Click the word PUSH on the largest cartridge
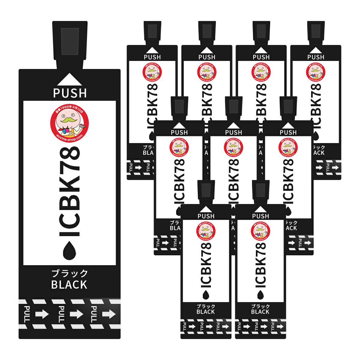click(70, 93)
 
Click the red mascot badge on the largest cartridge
click(70, 121)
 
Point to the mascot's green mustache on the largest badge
click(69, 120)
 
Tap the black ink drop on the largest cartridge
click(70, 250)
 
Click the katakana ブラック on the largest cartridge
click(70, 273)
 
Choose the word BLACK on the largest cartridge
click(69, 284)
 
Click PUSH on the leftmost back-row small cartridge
click(152, 57)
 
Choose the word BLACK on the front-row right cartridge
click(260, 312)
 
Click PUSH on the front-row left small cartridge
click(206, 216)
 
